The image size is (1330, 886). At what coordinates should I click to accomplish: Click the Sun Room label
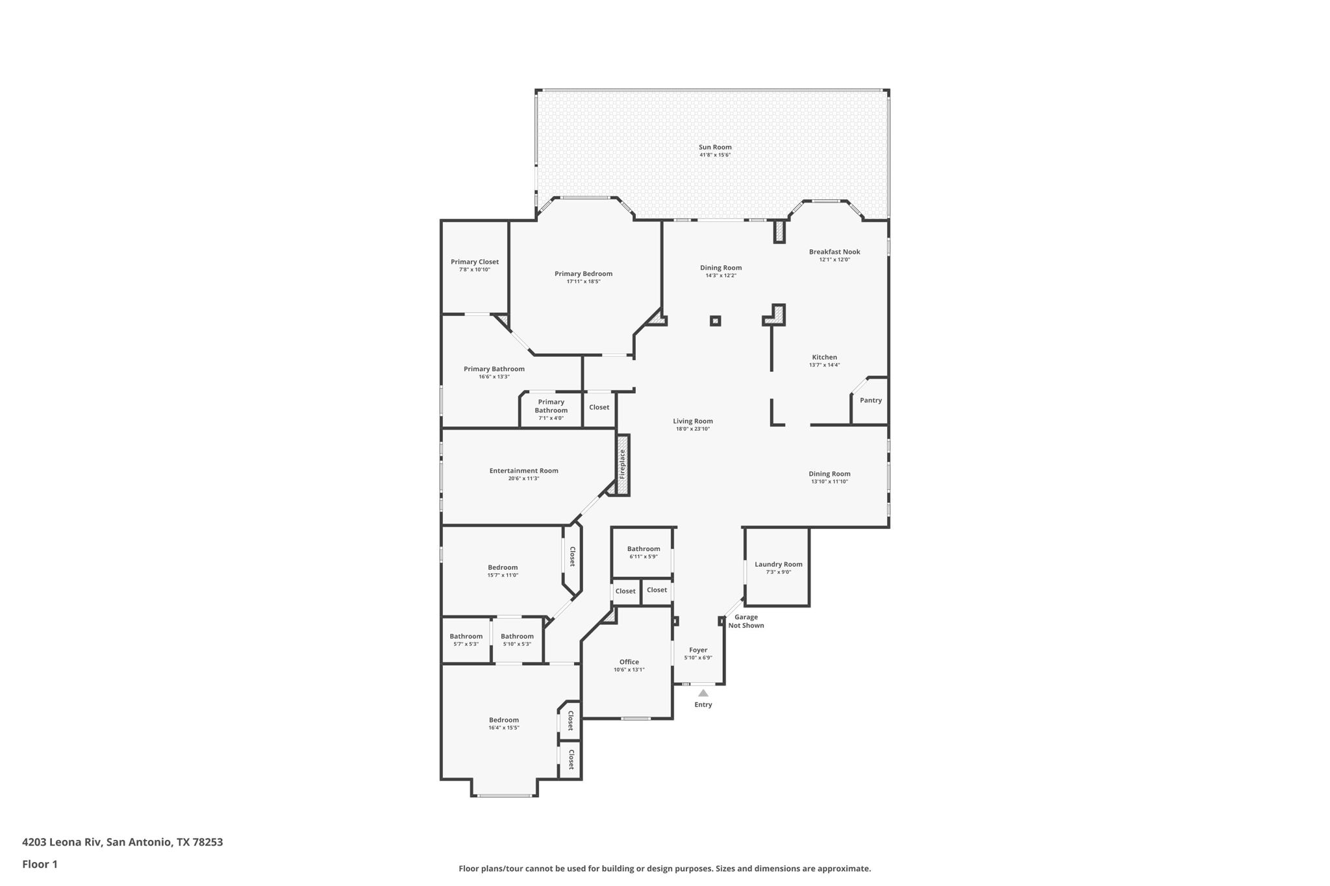click(x=715, y=147)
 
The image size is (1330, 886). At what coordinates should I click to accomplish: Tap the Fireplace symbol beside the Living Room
click(x=623, y=465)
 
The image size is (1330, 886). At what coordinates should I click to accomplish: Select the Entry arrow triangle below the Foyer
click(x=703, y=693)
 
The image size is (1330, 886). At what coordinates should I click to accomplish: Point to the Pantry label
click(x=871, y=400)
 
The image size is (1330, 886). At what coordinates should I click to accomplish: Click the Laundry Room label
click(x=779, y=565)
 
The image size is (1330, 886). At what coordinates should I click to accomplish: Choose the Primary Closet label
click(x=475, y=262)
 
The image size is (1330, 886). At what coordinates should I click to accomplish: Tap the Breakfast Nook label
click(x=834, y=252)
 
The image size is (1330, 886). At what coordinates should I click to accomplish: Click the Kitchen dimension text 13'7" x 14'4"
click(x=825, y=365)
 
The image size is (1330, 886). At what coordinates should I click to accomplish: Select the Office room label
click(x=629, y=662)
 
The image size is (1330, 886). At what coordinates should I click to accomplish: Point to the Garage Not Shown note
click(x=746, y=621)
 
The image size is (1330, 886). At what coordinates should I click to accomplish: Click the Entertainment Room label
click(x=524, y=471)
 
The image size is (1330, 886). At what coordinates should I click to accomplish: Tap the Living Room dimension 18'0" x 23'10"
click(x=693, y=429)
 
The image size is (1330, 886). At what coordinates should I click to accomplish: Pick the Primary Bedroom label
click(x=584, y=274)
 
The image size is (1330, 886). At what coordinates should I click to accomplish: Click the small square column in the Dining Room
click(x=716, y=321)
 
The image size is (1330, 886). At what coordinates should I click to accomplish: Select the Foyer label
click(x=698, y=650)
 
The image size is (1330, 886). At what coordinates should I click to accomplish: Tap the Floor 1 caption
click(x=40, y=865)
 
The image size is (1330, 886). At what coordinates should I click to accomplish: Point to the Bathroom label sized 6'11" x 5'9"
click(x=644, y=549)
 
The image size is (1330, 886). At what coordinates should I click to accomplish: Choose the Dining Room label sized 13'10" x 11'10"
click(x=830, y=474)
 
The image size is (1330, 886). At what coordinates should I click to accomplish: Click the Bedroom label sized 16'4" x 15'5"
click(x=504, y=720)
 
